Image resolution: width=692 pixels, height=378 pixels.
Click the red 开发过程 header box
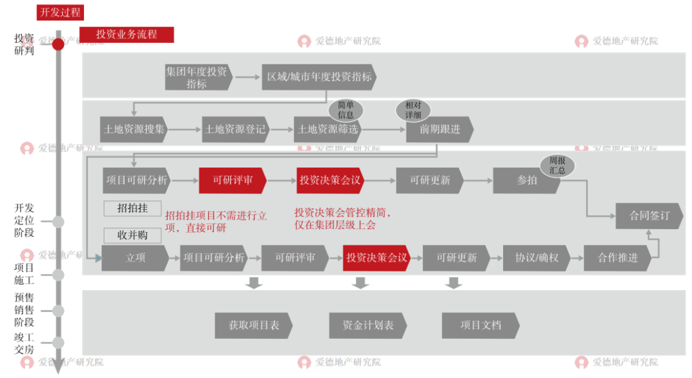tap(60, 12)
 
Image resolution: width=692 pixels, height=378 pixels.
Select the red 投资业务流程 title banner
tap(126, 34)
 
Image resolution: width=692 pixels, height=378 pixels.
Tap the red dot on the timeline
tap(58, 44)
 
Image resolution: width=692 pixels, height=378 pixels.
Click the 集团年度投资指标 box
tap(197, 77)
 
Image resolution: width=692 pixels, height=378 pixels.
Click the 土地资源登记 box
tap(235, 129)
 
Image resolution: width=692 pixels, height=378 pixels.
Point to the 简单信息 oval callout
tap(345, 110)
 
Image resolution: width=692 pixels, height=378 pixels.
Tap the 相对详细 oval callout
tap(413, 110)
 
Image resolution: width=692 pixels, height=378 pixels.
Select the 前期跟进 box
tap(440, 129)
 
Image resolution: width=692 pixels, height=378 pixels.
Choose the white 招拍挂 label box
tap(133, 209)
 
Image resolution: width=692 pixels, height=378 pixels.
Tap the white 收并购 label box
tap(133, 235)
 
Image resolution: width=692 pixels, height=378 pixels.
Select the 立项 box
tap(134, 257)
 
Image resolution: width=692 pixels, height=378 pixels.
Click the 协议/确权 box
tap(536, 257)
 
